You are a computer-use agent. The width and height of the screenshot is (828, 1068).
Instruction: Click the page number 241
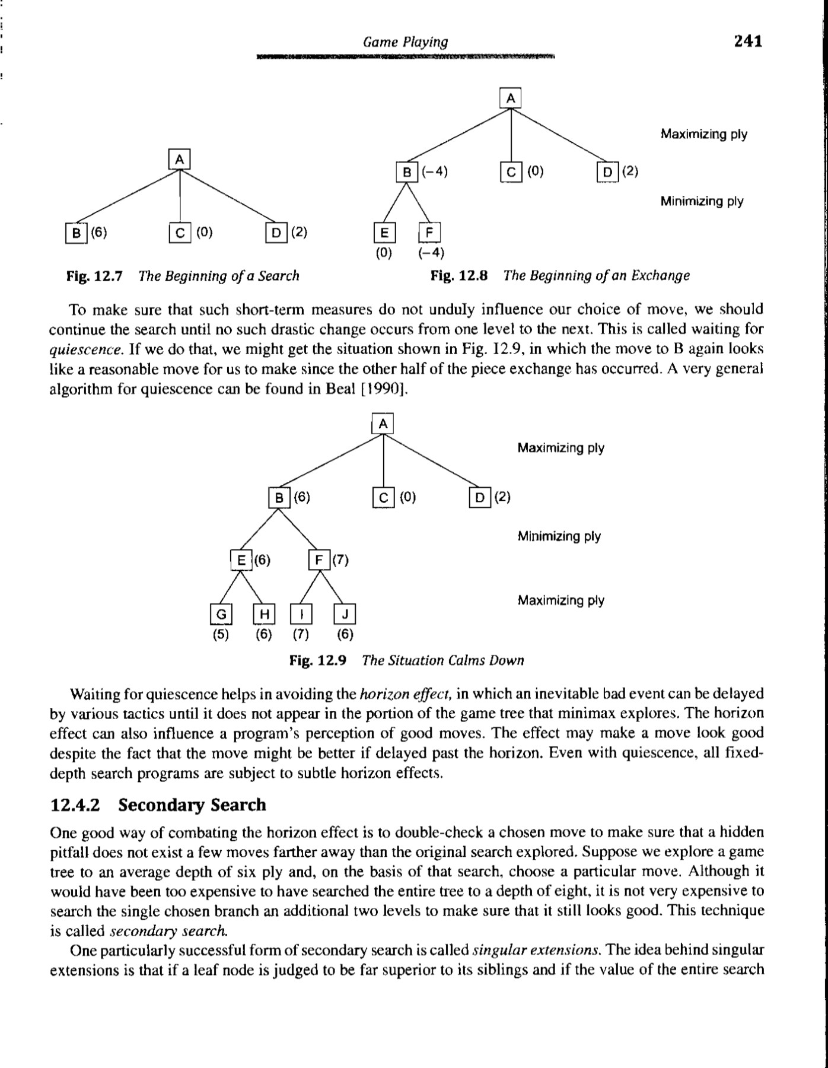(x=747, y=41)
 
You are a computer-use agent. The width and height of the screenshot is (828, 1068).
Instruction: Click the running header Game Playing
(x=405, y=42)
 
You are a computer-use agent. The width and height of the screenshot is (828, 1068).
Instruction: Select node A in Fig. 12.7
(x=180, y=159)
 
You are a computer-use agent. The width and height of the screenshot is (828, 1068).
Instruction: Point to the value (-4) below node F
(x=431, y=253)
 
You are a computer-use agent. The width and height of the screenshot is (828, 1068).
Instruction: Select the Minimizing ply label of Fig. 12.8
(x=702, y=201)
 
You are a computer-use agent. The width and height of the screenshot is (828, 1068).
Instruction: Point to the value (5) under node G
(x=221, y=634)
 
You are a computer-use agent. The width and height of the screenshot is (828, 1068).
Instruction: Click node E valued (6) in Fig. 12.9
(x=241, y=560)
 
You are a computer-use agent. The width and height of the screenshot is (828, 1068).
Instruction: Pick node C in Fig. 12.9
(x=383, y=497)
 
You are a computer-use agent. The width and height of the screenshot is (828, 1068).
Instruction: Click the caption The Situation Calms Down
(x=442, y=660)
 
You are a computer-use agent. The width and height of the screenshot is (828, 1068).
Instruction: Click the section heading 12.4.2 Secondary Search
(x=159, y=805)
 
